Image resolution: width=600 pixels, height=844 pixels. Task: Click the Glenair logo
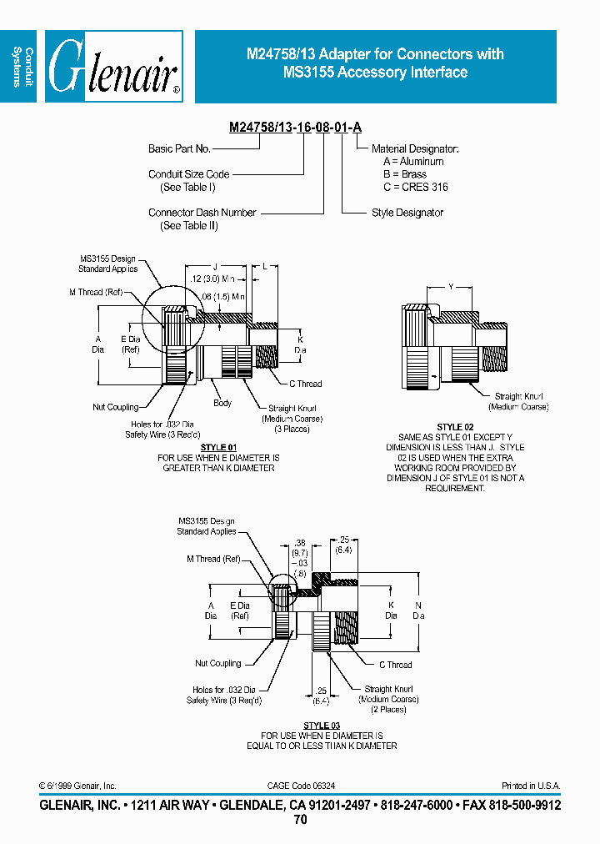point(114,67)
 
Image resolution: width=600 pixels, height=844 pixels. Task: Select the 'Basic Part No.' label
point(179,148)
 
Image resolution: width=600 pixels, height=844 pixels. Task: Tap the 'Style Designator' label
point(407,213)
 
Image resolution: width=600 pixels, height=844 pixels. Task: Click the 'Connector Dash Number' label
point(202,213)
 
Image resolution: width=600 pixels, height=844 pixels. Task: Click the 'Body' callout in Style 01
point(222,403)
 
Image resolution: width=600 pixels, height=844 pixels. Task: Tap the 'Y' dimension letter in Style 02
point(451,287)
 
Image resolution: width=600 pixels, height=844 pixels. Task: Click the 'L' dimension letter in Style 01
point(264,266)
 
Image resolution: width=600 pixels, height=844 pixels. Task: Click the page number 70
point(301,820)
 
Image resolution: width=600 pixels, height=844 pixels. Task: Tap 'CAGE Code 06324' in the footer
point(301,786)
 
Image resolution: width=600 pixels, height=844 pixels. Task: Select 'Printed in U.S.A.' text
point(531,786)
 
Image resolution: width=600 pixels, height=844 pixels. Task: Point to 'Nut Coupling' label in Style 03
point(218,663)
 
